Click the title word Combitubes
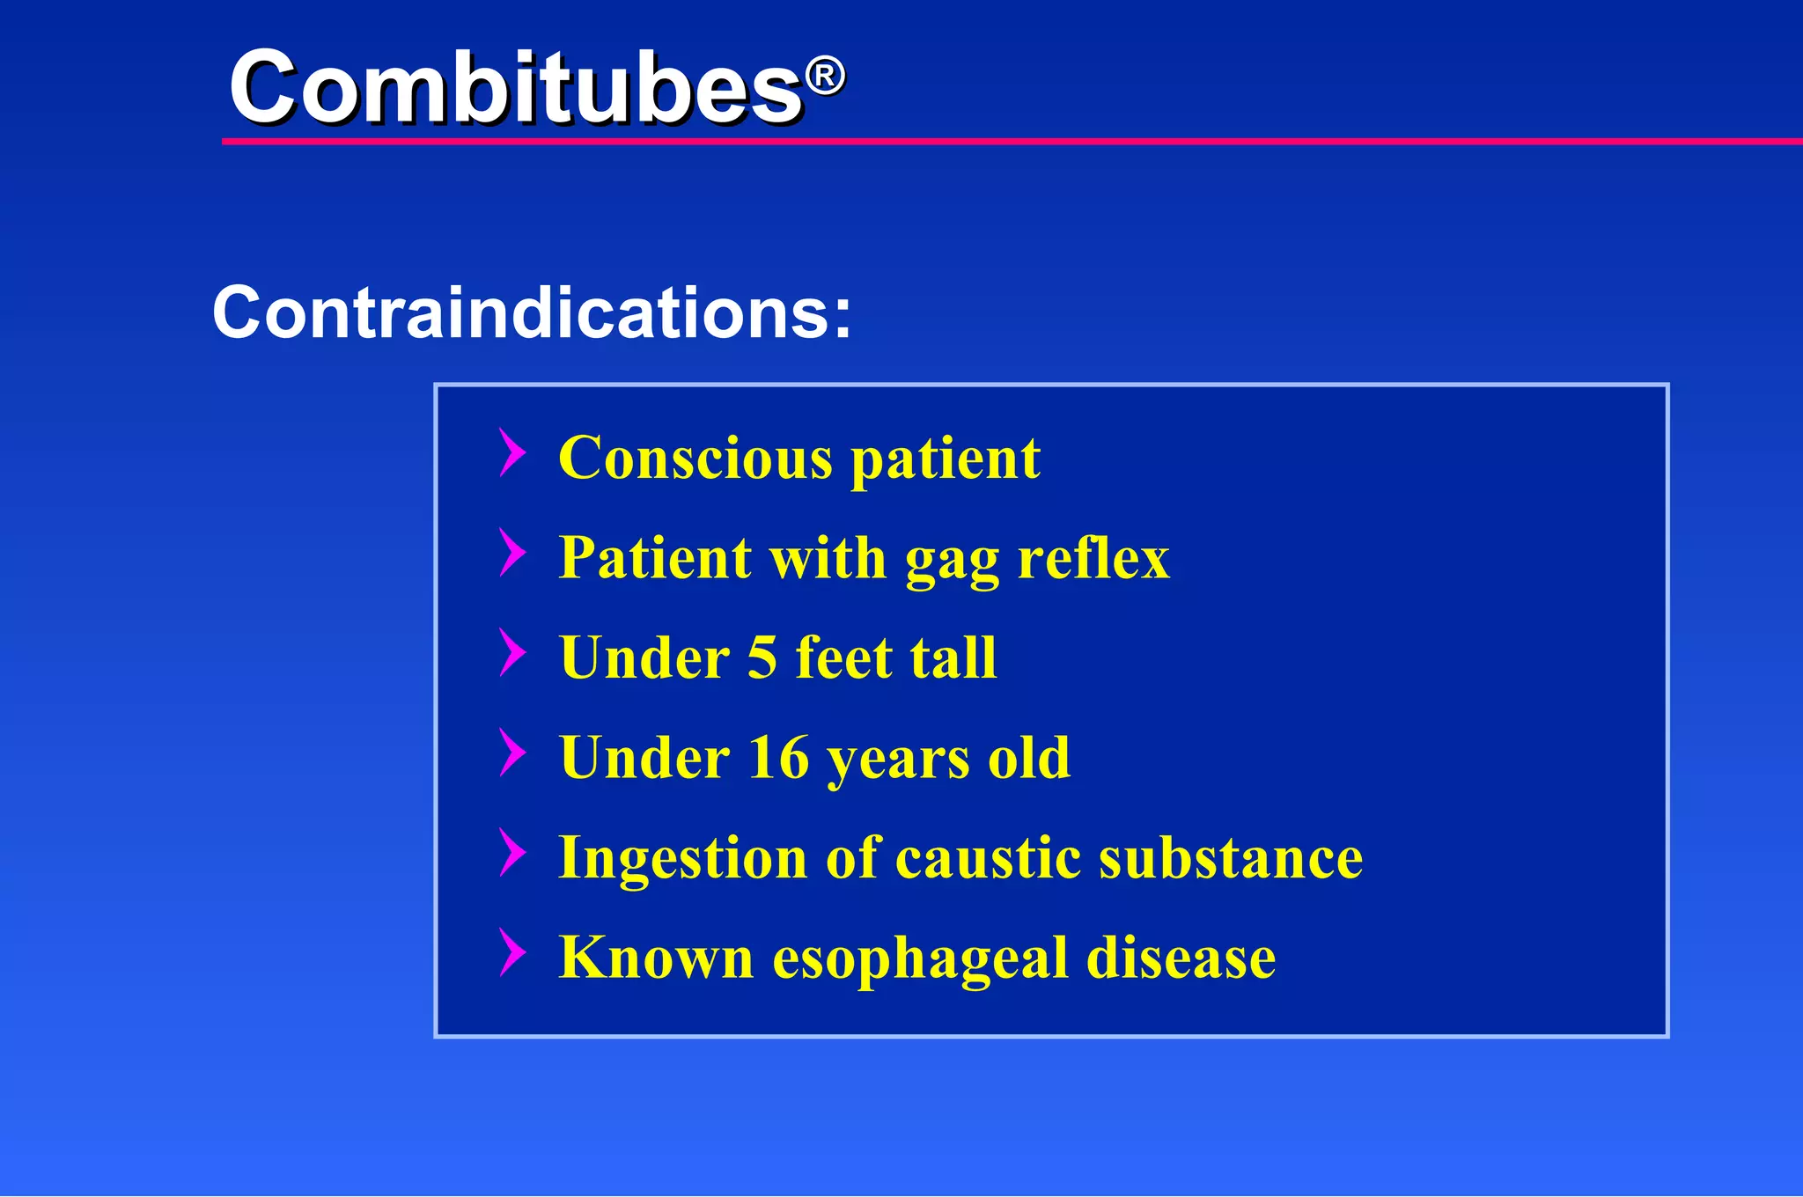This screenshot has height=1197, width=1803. [x=515, y=88]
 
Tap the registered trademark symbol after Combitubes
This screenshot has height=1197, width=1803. [x=825, y=77]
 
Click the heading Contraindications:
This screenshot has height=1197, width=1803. [x=532, y=312]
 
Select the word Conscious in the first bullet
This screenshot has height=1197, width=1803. [x=695, y=459]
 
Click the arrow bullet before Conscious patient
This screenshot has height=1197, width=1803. [x=512, y=452]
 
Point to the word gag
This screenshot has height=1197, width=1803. [x=952, y=562]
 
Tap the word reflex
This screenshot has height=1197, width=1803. [x=1093, y=558]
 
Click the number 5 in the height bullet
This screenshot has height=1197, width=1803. [x=762, y=658]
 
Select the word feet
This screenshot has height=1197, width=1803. [x=843, y=657]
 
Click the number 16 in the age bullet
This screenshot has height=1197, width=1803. [x=778, y=758]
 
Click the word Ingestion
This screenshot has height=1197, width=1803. [x=683, y=859]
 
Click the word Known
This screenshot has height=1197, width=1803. [x=656, y=958]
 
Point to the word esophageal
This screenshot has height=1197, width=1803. [x=919, y=959]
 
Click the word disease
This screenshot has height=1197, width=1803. [x=1181, y=958]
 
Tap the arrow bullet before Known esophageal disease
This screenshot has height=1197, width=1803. [x=512, y=951]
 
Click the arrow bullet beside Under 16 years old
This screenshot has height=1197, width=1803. [x=512, y=752]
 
